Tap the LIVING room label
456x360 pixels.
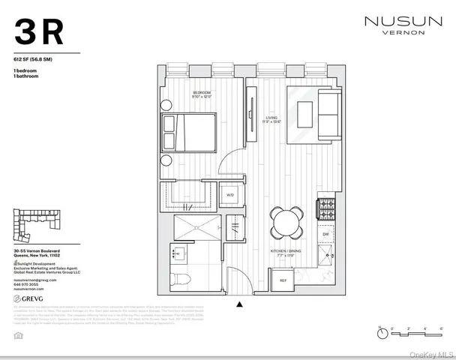(x=271, y=118)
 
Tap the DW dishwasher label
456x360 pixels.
(x=325, y=235)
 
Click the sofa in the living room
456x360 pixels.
(x=328, y=114)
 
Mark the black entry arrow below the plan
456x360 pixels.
(x=239, y=304)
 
